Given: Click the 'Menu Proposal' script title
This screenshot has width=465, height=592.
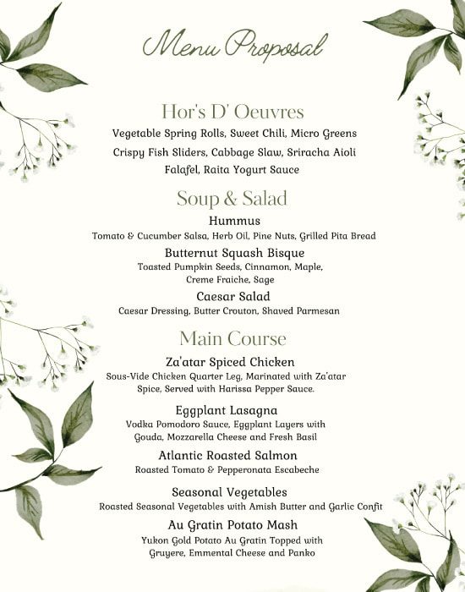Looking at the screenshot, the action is coord(232,43).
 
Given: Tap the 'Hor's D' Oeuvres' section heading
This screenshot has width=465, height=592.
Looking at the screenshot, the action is coord(232,112).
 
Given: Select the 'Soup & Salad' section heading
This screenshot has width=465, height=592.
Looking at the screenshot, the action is coord(232,199).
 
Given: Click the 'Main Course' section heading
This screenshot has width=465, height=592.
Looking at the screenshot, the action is coord(232,338).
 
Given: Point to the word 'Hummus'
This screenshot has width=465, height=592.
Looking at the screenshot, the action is coord(232,221).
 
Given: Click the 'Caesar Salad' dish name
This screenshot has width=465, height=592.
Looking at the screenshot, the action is coord(233,297).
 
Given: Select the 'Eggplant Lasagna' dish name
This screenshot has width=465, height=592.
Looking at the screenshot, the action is coord(232,410).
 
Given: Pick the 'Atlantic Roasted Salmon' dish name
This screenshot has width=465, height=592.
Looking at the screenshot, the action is coord(232,455).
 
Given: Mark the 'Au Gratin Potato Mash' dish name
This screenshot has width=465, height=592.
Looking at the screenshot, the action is coord(232,525).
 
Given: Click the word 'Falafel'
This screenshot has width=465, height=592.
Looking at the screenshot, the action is coord(184,169).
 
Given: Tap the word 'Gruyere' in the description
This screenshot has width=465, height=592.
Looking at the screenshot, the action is coord(167,553).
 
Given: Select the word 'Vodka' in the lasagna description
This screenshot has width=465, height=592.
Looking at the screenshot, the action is coord(140,424).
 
